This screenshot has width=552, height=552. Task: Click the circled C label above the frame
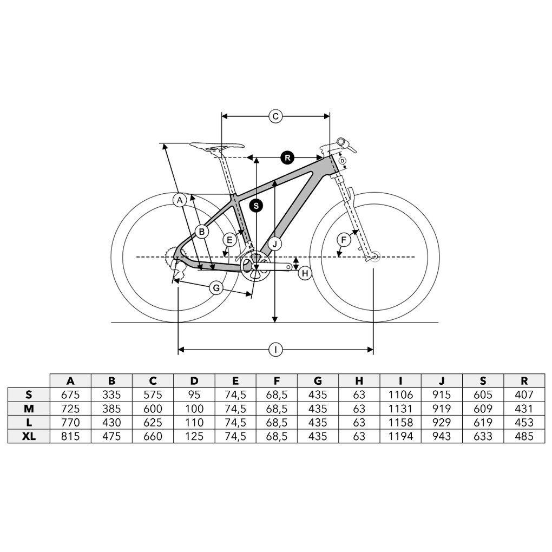(x=275, y=116)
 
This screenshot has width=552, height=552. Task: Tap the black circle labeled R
(x=287, y=157)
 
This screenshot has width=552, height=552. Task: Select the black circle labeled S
(x=257, y=206)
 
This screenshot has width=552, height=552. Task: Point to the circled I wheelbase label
(x=275, y=350)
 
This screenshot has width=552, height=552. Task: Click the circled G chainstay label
(x=216, y=288)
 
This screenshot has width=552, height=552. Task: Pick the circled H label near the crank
(x=305, y=273)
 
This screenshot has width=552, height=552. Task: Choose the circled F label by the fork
(x=344, y=240)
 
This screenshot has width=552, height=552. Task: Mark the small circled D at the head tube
(x=342, y=161)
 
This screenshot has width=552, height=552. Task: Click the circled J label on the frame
(x=275, y=244)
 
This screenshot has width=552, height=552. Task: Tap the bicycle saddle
(x=217, y=146)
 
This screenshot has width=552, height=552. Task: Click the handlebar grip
(x=343, y=142)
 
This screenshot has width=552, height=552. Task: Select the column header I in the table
(x=400, y=381)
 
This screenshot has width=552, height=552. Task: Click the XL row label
(x=29, y=437)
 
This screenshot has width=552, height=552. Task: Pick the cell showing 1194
(x=400, y=437)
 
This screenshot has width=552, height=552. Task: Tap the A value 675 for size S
(x=70, y=395)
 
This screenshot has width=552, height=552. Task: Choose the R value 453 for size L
(x=524, y=423)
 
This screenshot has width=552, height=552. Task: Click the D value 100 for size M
(x=194, y=409)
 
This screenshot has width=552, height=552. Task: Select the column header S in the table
(x=483, y=381)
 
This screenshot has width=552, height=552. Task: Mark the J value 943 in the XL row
(x=442, y=437)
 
